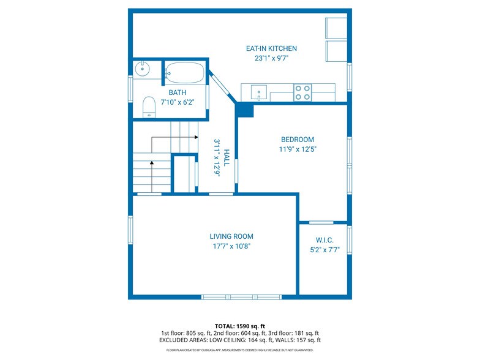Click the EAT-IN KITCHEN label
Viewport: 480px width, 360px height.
click(x=271, y=48)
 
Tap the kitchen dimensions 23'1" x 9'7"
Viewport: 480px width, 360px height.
click(x=272, y=58)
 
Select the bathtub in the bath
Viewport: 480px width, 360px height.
click(x=185, y=73)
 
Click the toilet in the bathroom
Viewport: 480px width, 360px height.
click(x=149, y=107)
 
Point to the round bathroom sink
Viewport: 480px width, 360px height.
click(x=142, y=69)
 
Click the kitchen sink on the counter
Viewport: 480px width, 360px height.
click(x=258, y=92)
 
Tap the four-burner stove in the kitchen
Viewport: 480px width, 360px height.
click(x=302, y=92)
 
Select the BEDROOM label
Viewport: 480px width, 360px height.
click(x=298, y=140)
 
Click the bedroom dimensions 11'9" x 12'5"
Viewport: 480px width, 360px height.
click(x=298, y=149)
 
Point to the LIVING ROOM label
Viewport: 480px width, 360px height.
click(x=231, y=236)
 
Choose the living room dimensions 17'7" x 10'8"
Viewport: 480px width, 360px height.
click(x=231, y=246)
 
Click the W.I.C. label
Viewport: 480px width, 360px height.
click(x=324, y=240)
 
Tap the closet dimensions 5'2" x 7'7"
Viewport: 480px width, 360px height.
click(x=324, y=250)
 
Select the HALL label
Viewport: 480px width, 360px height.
click(x=227, y=158)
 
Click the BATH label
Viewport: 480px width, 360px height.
click(x=178, y=92)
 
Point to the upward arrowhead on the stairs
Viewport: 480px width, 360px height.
click(x=152, y=163)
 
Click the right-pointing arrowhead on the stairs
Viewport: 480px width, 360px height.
click(x=196, y=137)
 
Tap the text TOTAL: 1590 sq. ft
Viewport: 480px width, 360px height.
click(x=240, y=326)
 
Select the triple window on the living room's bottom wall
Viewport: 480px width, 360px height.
click(x=241, y=297)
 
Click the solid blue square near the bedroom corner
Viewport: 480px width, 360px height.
click(x=246, y=110)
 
